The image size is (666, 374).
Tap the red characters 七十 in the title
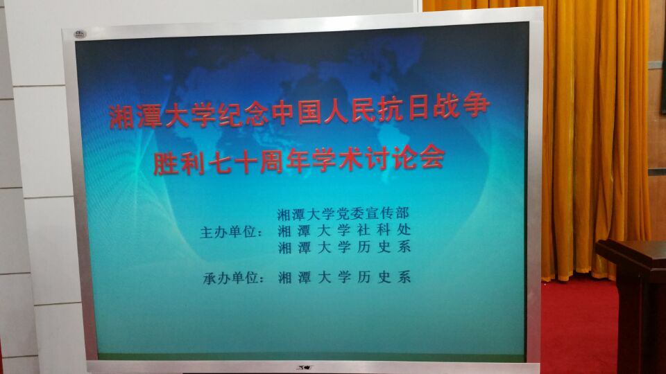pos(233,162)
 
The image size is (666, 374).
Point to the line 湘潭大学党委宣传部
pos(343,214)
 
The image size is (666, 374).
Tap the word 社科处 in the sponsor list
pos(384,230)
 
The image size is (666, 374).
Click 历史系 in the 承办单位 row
pos(384,277)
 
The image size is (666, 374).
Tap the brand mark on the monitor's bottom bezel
pos(304,367)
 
